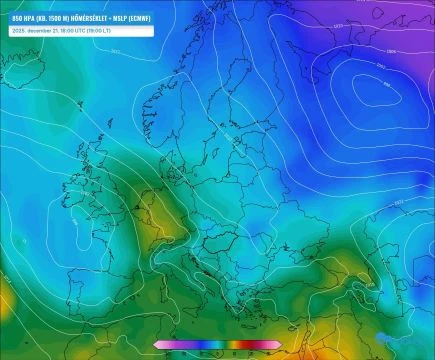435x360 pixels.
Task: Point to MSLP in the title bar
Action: click(117, 18)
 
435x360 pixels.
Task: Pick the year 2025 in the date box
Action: click(17, 31)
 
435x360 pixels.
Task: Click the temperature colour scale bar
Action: click(216, 345)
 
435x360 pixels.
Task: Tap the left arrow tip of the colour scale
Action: click(155, 345)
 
